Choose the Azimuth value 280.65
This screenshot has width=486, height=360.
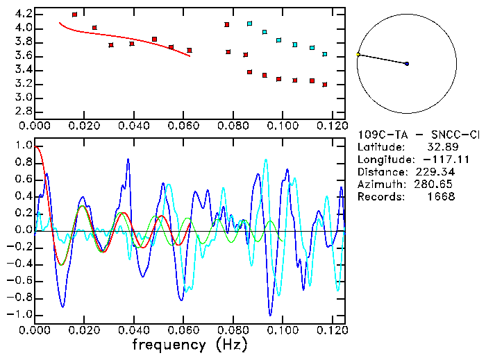click(x=435, y=185)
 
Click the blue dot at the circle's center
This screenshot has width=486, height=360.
click(x=407, y=64)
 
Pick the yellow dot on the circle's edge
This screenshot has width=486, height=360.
click(x=358, y=53)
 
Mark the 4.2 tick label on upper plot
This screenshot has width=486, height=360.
click(x=23, y=14)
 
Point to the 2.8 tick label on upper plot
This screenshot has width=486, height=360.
click(x=23, y=111)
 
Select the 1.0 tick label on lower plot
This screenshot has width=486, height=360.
click(x=23, y=146)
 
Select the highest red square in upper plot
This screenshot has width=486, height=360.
click(x=74, y=14)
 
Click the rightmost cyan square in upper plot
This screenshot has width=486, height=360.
click(x=324, y=54)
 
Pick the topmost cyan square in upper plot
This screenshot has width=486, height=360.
click(x=249, y=24)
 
